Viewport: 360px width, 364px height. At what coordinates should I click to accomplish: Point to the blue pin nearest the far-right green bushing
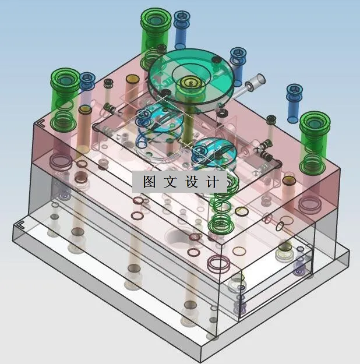click(x=294, y=99)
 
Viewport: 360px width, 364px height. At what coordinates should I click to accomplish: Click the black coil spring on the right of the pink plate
click(x=265, y=154)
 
